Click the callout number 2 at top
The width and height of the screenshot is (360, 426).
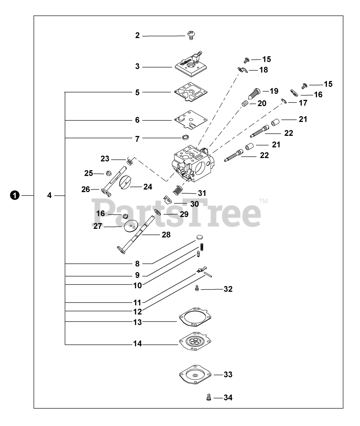click(x=137, y=36)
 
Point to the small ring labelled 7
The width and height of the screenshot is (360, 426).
click(x=185, y=137)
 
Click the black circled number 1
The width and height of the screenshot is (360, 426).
click(x=14, y=195)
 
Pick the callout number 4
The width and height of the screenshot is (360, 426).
click(x=49, y=195)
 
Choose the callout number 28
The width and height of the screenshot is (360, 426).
click(x=166, y=235)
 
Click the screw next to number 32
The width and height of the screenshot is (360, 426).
click(x=197, y=289)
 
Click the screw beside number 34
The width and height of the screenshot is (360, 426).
click(x=209, y=397)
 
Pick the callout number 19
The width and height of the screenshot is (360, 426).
click(x=274, y=91)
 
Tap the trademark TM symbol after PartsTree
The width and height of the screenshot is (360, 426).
click(x=263, y=201)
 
